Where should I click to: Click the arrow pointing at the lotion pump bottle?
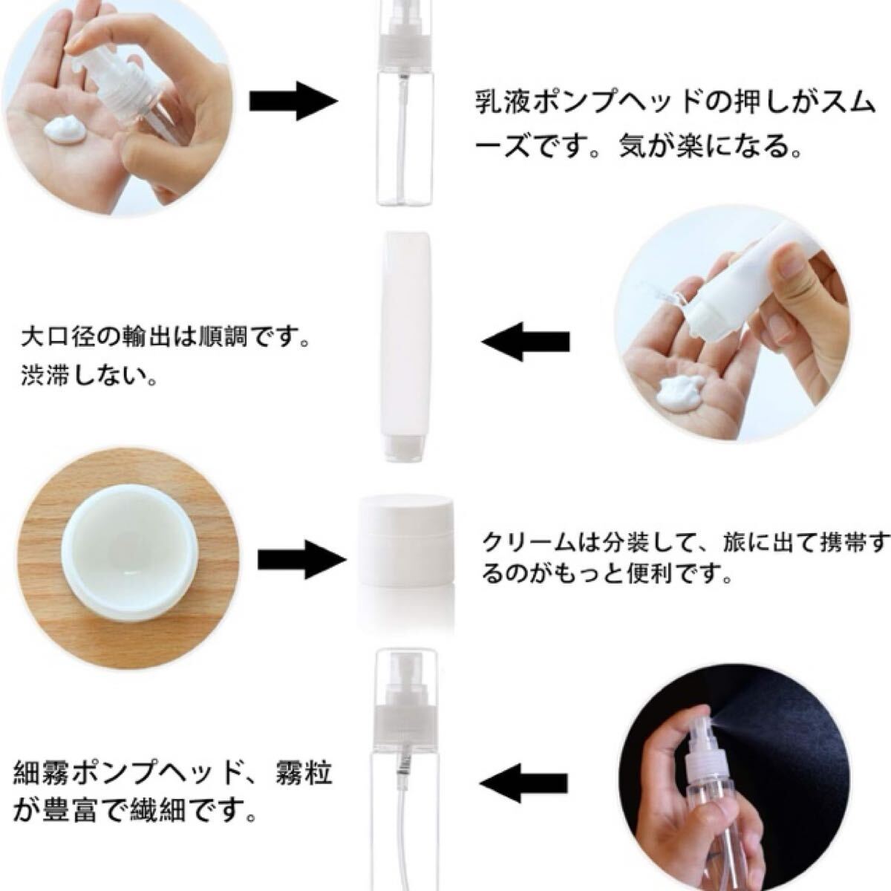tap(293, 101)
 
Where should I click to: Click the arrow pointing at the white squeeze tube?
tap(526, 342)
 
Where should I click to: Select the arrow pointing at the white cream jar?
tap(302, 561)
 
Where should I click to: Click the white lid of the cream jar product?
tap(406, 517)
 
